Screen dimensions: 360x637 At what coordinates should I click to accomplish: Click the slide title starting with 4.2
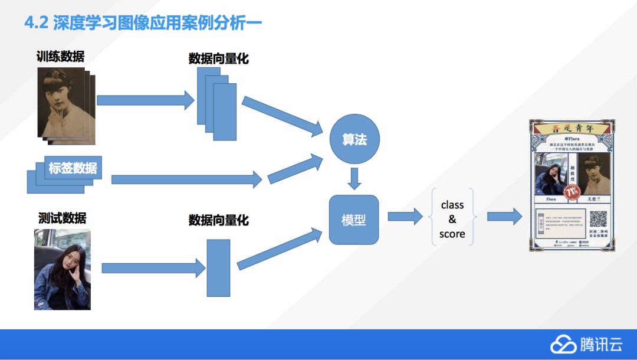click(142, 23)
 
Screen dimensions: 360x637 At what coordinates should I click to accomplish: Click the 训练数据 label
click(60, 57)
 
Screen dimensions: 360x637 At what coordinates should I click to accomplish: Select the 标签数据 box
click(73, 169)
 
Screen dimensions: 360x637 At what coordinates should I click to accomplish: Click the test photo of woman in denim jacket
click(63, 269)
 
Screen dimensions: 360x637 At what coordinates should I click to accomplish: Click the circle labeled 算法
click(354, 140)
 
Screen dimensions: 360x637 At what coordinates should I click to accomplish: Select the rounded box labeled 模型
click(354, 220)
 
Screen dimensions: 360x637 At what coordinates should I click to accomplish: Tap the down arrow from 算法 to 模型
click(354, 179)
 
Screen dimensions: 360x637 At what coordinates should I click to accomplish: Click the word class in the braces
click(452, 205)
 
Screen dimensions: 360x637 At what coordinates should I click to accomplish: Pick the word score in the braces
click(452, 234)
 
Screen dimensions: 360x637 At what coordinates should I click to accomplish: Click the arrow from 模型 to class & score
click(405, 217)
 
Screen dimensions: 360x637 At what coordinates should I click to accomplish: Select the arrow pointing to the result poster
click(504, 217)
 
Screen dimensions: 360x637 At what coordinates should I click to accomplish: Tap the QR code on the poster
click(598, 219)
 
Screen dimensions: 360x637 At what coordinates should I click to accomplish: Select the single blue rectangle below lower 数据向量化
click(218, 268)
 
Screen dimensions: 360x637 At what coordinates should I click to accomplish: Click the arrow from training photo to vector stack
click(145, 100)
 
